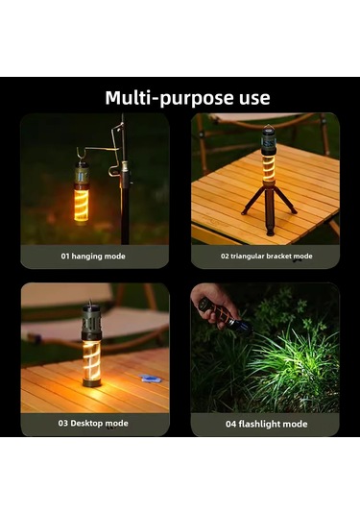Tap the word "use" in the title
point(252,98)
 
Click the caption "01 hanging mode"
point(93,257)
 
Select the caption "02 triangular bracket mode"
point(266,257)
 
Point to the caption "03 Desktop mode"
point(94,424)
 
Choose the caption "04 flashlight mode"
point(266,424)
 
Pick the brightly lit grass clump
point(288,370)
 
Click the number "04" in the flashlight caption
point(229,424)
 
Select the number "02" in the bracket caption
point(226,257)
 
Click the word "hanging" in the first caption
point(93,257)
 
